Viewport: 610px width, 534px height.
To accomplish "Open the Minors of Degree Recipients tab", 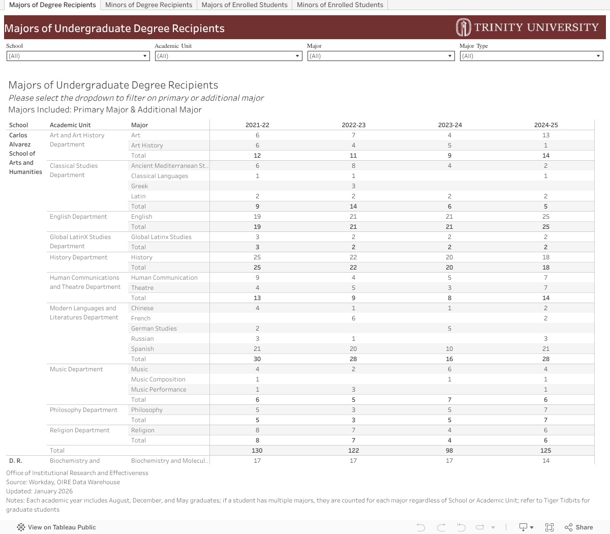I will click(x=148, y=5).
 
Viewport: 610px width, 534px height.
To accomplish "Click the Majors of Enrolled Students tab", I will click(x=245, y=5).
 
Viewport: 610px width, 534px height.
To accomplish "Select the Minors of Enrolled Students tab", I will click(x=340, y=5).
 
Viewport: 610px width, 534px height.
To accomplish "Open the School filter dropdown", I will click(x=78, y=56).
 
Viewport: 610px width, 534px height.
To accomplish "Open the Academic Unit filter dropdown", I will click(x=228, y=56).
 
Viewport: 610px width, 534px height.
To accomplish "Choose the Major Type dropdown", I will click(x=531, y=56).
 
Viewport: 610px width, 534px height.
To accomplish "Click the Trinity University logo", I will click(x=527, y=27).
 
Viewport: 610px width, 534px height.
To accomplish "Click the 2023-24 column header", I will click(x=450, y=125).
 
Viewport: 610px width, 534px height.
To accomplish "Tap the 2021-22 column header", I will click(x=257, y=125).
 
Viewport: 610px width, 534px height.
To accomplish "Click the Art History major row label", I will click(x=147, y=145).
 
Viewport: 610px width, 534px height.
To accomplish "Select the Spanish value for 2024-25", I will click(x=545, y=349).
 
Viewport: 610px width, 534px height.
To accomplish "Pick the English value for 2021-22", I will click(x=257, y=217).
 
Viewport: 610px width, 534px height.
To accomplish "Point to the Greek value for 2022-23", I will click(x=353, y=186).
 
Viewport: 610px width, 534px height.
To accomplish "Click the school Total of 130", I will click(x=257, y=451).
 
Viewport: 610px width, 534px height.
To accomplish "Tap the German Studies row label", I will click(x=154, y=329).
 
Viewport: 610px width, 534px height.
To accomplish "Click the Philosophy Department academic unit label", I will click(x=83, y=410).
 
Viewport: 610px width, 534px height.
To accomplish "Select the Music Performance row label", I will click(x=159, y=390).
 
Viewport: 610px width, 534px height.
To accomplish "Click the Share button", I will click(x=578, y=527).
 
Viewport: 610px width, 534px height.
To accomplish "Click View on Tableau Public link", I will click(x=56, y=527).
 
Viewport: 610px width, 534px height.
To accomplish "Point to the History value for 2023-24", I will click(x=449, y=257).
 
